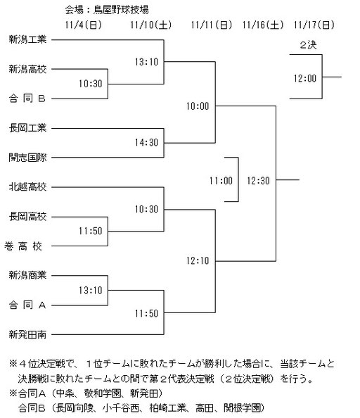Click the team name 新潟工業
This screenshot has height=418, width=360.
tap(27, 39)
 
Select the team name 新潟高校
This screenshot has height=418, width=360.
tap(27, 69)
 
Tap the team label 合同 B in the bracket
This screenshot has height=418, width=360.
tap(27, 99)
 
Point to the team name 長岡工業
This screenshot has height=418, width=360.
tap(27, 128)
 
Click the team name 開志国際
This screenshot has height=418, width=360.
tap(27, 158)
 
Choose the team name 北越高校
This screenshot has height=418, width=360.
tap(27, 187)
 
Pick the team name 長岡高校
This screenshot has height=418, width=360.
tap(27, 217)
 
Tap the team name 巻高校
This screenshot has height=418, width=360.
tap(23, 246)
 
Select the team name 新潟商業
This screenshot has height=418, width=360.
tap(27, 275)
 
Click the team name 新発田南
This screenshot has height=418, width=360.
tap(27, 334)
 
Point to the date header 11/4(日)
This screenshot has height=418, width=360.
tap(84, 25)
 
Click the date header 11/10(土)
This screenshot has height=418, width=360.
tap(151, 25)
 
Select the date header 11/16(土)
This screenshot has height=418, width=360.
tap(263, 25)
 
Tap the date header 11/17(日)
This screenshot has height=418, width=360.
tap(314, 25)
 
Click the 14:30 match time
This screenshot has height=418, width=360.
tap(146, 143)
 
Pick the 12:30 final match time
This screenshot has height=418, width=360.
tap(258, 181)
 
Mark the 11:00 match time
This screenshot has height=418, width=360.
tap(221, 181)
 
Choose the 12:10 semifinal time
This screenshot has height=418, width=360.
tap(198, 260)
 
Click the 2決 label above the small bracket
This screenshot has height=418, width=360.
tap(309, 45)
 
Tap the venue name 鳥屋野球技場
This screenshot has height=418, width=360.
tap(121, 10)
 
